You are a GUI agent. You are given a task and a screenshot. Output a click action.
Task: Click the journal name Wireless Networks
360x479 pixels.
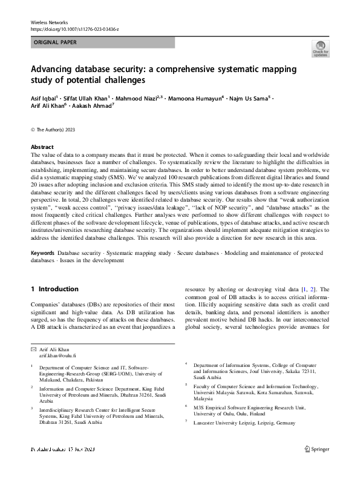(x=49, y=21)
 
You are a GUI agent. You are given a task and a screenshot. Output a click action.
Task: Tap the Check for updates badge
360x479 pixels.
(x=320, y=50)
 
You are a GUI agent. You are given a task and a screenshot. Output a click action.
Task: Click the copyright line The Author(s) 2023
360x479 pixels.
(x=54, y=130)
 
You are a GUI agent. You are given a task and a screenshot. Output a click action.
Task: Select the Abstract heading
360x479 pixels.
(x=42, y=147)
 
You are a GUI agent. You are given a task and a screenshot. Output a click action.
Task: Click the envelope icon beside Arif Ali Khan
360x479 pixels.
(x=33, y=350)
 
